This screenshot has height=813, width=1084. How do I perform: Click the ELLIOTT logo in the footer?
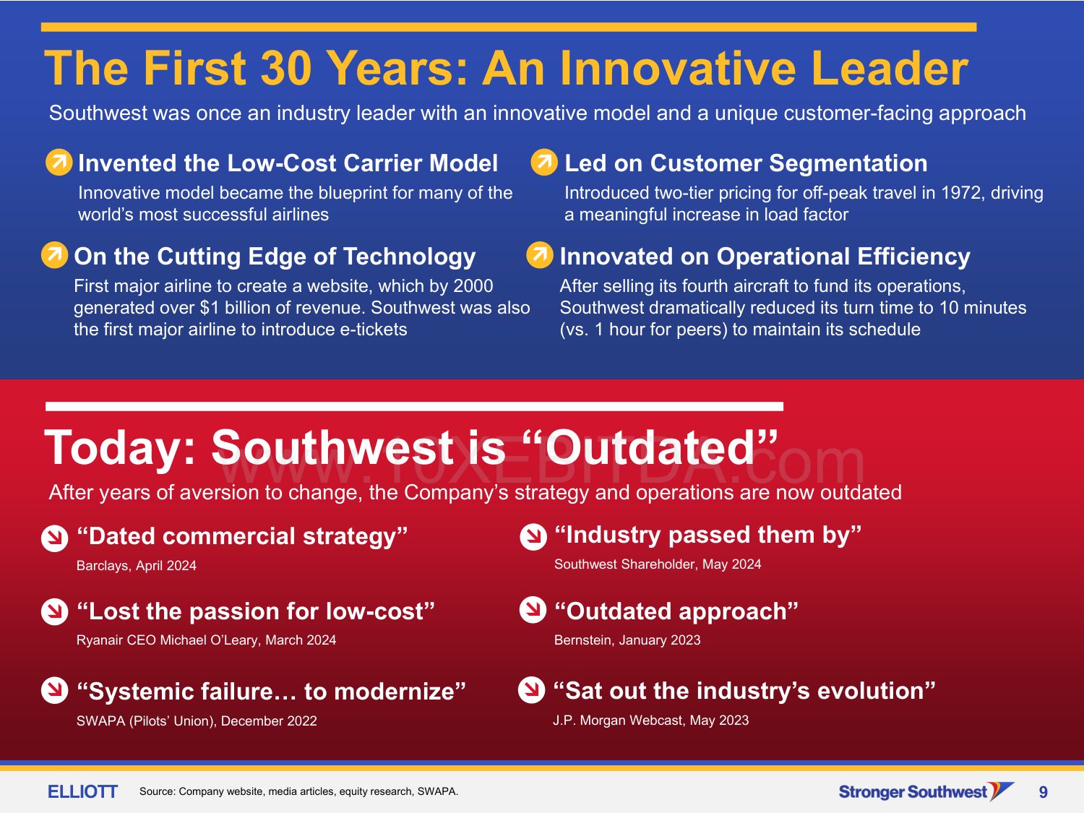click(x=82, y=792)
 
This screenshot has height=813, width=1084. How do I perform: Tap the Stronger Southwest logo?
click(x=926, y=792)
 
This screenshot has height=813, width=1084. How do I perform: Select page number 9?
click(x=1043, y=792)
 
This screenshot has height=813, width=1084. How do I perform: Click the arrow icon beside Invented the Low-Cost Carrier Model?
click(x=59, y=162)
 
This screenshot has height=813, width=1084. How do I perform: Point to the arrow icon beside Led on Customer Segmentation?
click(x=544, y=162)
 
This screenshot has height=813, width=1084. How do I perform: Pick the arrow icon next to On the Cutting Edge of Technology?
click(x=54, y=254)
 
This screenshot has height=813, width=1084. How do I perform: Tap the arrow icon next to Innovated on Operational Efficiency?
click(x=540, y=254)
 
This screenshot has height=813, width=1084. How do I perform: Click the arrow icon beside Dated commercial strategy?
click(x=54, y=538)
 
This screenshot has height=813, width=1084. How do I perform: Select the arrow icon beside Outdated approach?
click(x=533, y=610)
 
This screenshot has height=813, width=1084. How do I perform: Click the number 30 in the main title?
click(x=286, y=68)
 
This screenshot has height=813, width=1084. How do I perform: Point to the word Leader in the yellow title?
click(x=890, y=68)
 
